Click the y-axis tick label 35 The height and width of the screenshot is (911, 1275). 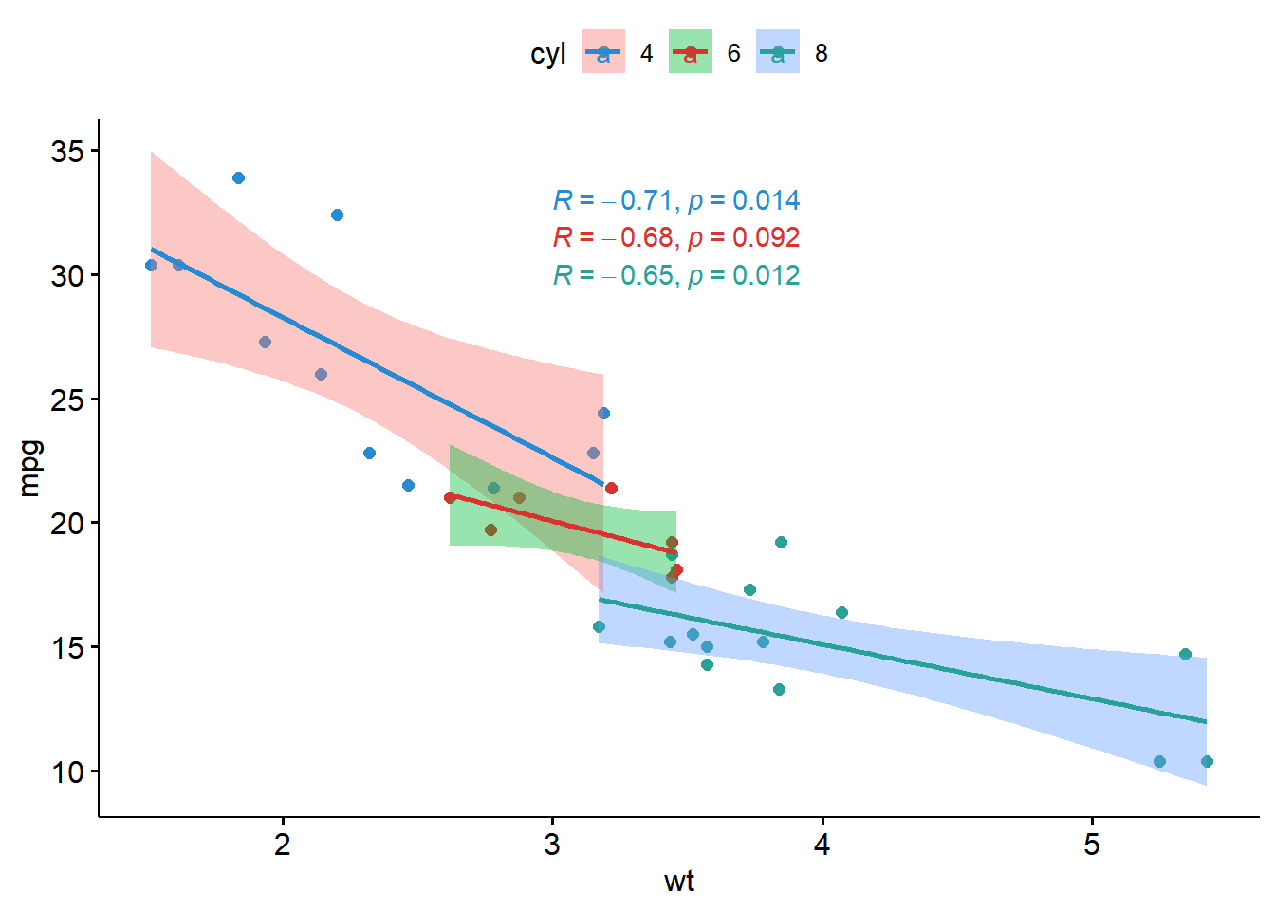tap(67, 151)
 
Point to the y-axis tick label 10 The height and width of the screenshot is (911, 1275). tap(67, 772)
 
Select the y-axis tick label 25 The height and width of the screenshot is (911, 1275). tap(67, 400)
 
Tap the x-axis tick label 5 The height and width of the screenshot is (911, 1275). tap(1092, 845)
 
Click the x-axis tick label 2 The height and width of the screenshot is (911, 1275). tap(283, 845)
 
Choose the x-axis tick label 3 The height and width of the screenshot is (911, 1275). tap(552, 845)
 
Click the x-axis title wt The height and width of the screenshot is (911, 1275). tap(679, 882)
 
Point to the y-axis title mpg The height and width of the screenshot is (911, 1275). tap(30, 468)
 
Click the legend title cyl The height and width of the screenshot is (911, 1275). tap(548, 54)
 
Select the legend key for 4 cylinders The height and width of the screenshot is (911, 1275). tap(603, 52)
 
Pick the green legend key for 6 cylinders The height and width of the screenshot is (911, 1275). tap(691, 52)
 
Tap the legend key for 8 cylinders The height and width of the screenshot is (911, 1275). tap(778, 52)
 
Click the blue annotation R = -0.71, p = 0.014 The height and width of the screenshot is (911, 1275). tap(676, 200)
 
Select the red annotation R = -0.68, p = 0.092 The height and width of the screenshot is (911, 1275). tap(676, 237)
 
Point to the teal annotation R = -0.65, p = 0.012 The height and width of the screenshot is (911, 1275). tap(676, 275)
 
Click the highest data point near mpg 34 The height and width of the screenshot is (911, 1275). tap(238, 178)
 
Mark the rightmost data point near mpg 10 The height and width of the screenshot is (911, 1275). tap(1207, 761)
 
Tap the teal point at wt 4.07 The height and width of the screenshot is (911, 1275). tap(841, 612)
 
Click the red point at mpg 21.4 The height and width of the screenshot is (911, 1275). tap(611, 488)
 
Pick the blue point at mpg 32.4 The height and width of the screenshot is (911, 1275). tap(337, 214)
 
